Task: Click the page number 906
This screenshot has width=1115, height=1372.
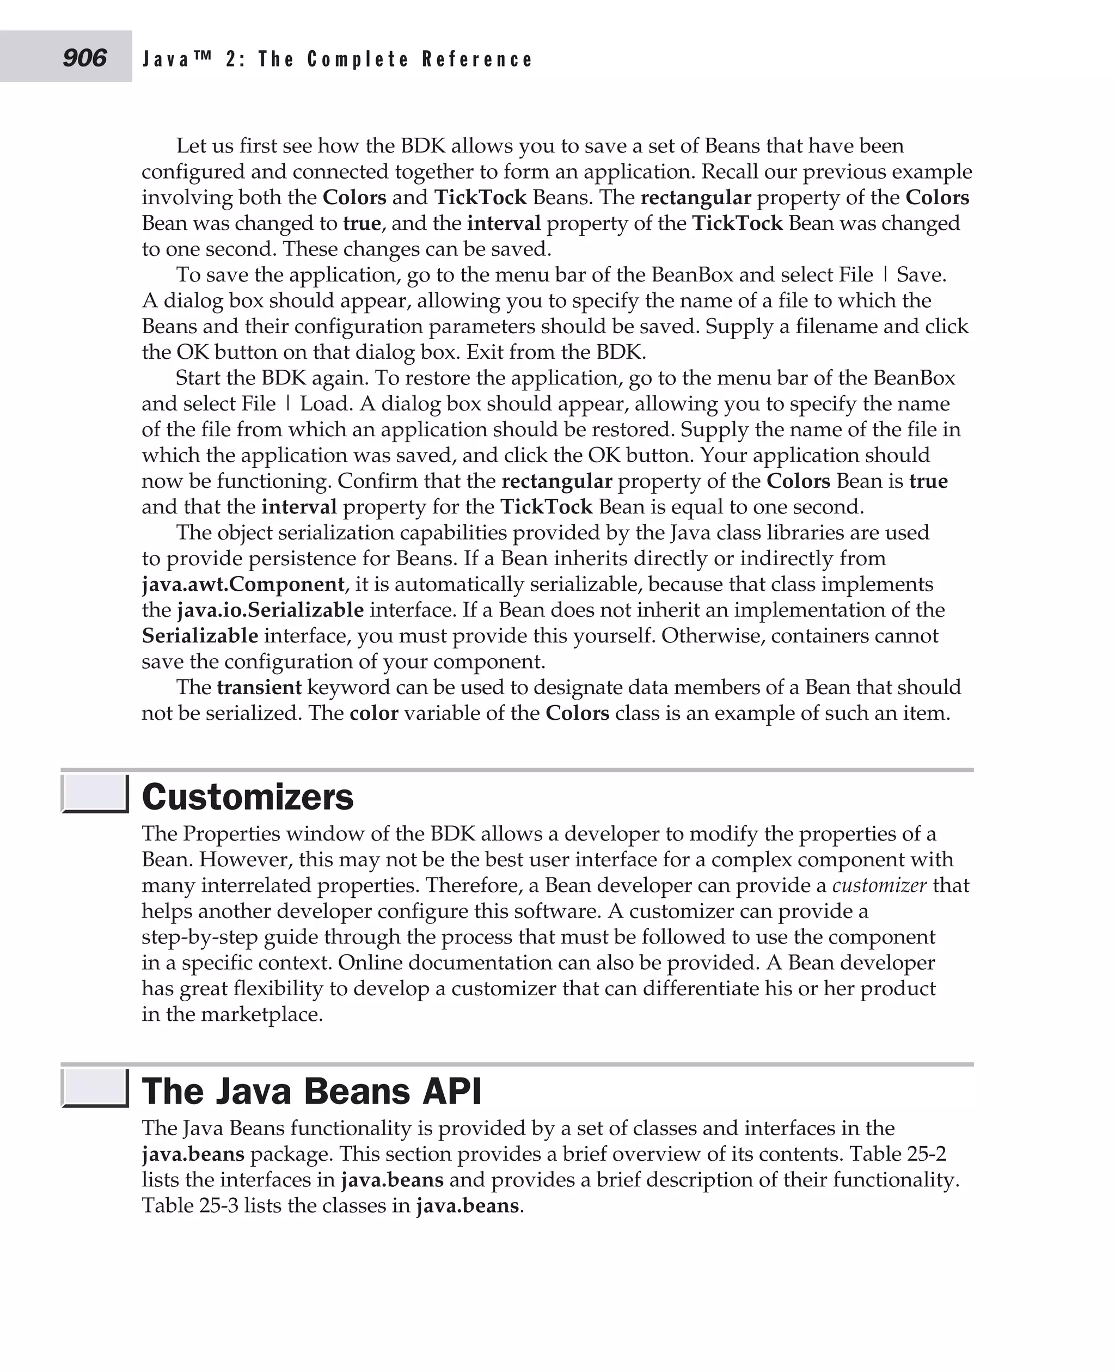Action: click(84, 58)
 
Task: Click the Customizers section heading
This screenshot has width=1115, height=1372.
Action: click(247, 797)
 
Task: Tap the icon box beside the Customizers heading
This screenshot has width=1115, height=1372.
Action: click(95, 794)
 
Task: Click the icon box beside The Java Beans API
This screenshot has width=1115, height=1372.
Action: click(95, 1088)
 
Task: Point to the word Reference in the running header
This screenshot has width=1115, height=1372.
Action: click(477, 60)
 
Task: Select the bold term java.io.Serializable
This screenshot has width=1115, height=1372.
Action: click(271, 610)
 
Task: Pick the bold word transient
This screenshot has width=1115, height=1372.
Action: click(259, 687)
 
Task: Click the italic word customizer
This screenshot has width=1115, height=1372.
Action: click(879, 885)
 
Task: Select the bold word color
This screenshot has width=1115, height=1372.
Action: click(374, 713)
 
